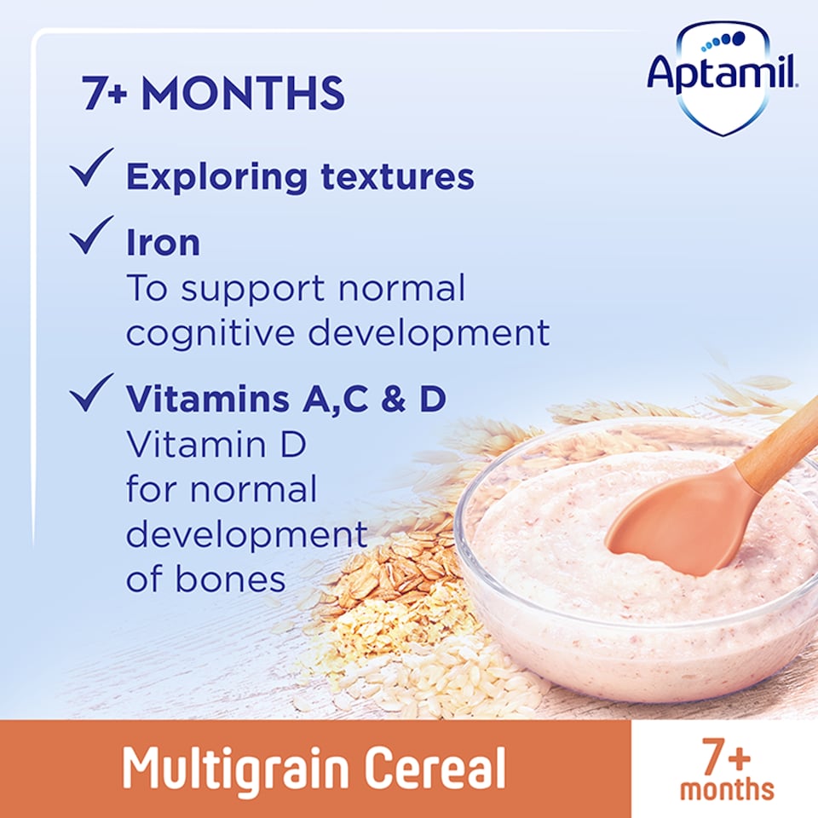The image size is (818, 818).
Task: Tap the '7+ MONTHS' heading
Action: [213, 94]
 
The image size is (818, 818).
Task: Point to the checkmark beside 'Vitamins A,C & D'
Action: [91, 393]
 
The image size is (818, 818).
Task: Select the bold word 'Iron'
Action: [163, 244]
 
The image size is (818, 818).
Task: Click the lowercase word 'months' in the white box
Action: [726, 788]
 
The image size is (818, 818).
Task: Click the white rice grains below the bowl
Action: [443, 673]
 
